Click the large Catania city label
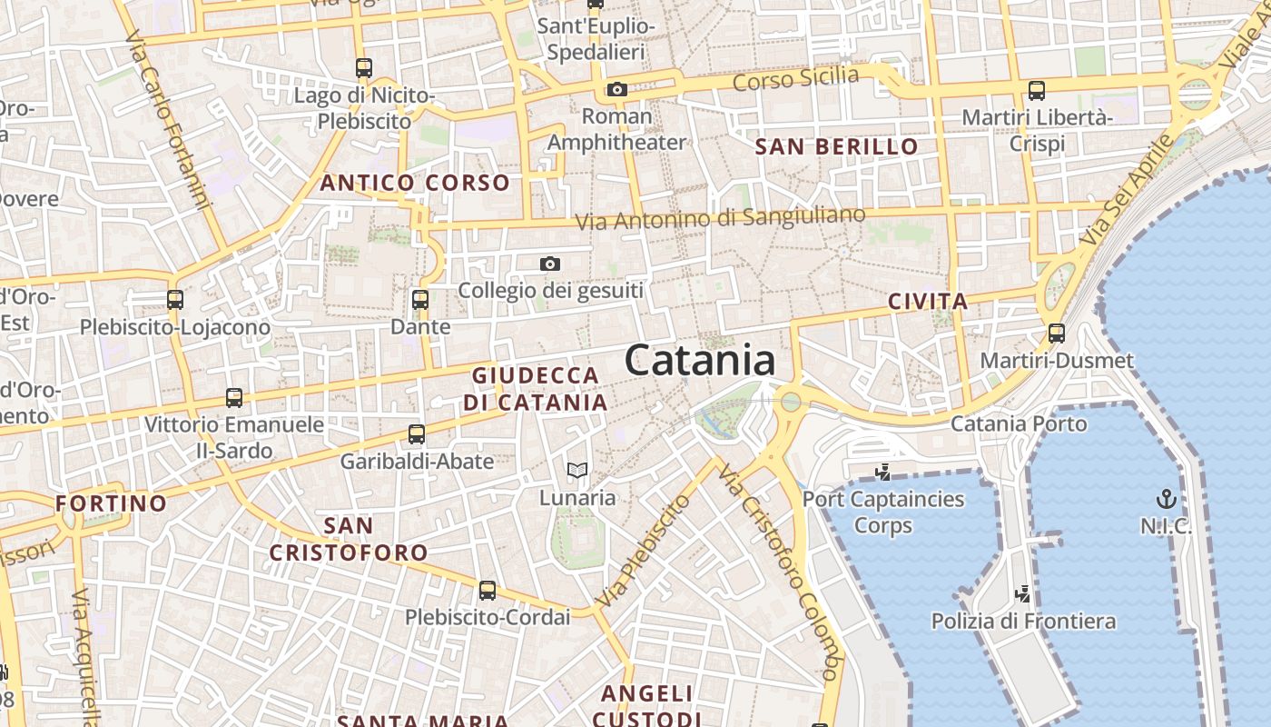pyautogui.click(x=700, y=361)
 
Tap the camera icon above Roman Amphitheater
pyautogui.click(x=617, y=89)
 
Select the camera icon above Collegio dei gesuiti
pyautogui.click(x=549, y=264)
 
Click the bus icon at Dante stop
pyautogui.click(x=419, y=299)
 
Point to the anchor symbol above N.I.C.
pyautogui.click(x=1166, y=498)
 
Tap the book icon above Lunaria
pyautogui.click(x=577, y=470)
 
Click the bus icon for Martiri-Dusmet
pyautogui.click(x=1056, y=333)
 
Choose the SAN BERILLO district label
pyautogui.click(x=837, y=146)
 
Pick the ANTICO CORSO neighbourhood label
pyautogui.click(x=415, y=183)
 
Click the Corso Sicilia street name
pyautogui.click(x=795, y=79)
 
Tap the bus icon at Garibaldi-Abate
pyautogui.click(x=417, y=434)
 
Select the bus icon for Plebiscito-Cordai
pyautogui.click(x=488, y=591)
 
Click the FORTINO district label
pyautogui.click(x=112, y=503)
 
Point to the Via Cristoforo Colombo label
pyautogui.click(x=777, y=573)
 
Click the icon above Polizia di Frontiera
pyautogui.click(x=1023, y=594)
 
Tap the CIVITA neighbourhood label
pyautogui.click(x=928, y=301)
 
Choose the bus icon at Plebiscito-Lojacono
pyautogui.click(x=175, y=299)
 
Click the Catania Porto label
pyautogui.click(x=1019, y=423)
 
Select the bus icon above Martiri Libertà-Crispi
pyautogui.click(x=1037, y=91)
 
